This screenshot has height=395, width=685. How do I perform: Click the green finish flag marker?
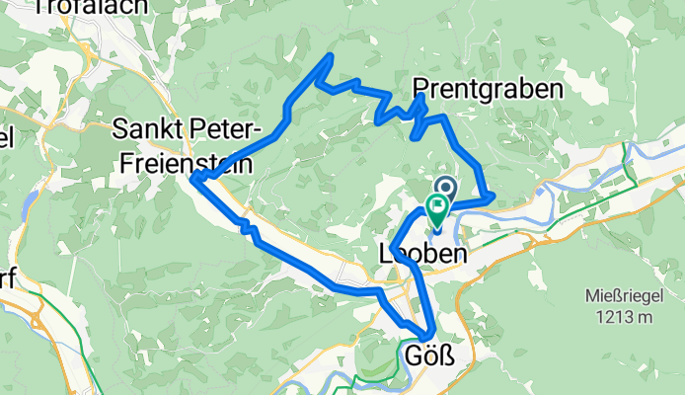436,205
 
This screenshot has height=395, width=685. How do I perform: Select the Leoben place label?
421,255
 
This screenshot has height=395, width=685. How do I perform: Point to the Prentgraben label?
488,88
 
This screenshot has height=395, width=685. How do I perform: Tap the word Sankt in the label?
146,129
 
